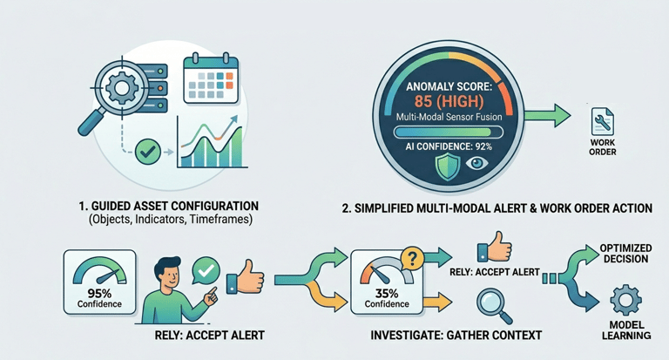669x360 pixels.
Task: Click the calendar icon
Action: [211, 78]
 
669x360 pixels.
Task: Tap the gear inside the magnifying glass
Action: [122, 88]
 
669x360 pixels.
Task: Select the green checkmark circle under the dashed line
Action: [147, 152]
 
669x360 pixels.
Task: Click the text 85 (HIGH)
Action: [449, 102]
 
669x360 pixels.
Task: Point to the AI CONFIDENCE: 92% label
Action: [449, 146]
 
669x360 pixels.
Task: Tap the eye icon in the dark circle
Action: [476, 163]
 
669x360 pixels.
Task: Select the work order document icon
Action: [603, 122]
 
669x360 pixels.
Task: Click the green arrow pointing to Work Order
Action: [547, 115]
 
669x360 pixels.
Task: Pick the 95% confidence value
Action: [99, 294]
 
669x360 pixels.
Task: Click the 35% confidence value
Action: [387, 294]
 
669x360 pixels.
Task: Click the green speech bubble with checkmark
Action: [206, 270]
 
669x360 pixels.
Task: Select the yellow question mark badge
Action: [412, 258]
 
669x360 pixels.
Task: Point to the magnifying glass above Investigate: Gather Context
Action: [494, 306]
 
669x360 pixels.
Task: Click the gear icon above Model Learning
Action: [626, 300]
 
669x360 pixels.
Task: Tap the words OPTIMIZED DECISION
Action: [626, 254]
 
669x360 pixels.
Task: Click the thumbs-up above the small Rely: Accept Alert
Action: [495, 248]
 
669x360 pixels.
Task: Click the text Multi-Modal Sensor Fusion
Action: [449, 117]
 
